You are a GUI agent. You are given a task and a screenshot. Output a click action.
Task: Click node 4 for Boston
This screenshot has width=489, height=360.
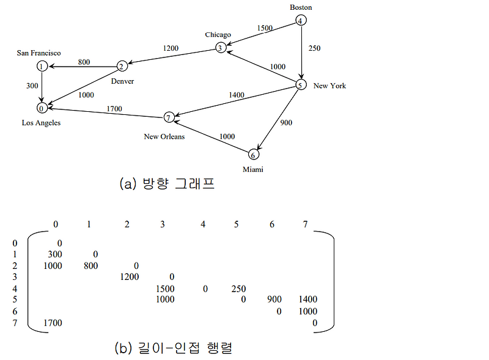(x=301, y=21)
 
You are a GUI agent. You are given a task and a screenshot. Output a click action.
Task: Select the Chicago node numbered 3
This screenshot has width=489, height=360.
(x=221, y=48)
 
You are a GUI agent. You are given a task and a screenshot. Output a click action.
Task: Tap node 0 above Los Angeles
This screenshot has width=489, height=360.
(x=42, y=108)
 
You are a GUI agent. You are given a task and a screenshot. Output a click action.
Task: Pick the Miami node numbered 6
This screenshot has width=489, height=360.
(x=254, y=155)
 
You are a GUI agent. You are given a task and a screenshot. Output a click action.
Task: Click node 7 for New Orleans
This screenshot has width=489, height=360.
(x=169, y=117)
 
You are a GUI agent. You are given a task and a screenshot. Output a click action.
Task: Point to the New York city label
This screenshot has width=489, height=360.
(x=329, y=86)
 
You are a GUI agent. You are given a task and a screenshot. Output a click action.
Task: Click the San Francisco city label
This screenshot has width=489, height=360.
(x=39, y=53)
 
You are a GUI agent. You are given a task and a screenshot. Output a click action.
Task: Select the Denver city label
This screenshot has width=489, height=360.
(x=122, y=81)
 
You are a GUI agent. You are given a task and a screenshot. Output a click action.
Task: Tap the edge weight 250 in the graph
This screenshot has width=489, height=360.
(x=314, y=48)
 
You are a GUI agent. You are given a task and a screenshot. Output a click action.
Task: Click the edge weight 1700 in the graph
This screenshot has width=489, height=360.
(x=114, y=109)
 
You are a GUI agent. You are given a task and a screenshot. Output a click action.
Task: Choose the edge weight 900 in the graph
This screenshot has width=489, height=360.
(x=286, y=123)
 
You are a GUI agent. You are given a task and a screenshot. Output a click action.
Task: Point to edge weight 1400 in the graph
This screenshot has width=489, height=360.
(x=237, y=95)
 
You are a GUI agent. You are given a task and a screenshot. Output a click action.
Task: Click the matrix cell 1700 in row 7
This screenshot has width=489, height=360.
(x=53, y=323)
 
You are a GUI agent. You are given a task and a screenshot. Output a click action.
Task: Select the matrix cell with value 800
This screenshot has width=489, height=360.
(x=90, y=265)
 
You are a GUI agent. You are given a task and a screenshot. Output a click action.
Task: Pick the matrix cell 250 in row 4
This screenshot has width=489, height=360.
(x=238, y=288)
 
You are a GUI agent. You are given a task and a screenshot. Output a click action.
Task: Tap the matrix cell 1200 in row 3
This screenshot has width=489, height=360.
(x=130, y=276)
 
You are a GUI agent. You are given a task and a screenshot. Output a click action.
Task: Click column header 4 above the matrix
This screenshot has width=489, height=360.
(x=203, y=224)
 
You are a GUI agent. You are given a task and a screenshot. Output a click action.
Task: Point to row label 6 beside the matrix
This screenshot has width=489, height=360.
(x=15, y=311)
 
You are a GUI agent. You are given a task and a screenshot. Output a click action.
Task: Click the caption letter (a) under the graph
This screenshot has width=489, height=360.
(x=128, y=183)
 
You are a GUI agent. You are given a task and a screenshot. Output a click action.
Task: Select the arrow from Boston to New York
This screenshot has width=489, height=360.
(x=301, y=53)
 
